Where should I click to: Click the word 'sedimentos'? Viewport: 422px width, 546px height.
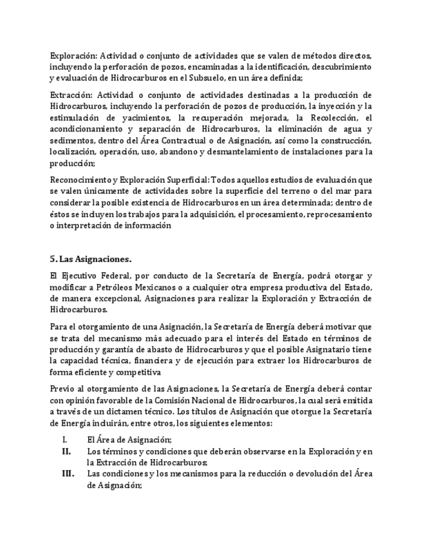(70, 141)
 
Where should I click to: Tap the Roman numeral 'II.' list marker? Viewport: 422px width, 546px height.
(66, 452)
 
